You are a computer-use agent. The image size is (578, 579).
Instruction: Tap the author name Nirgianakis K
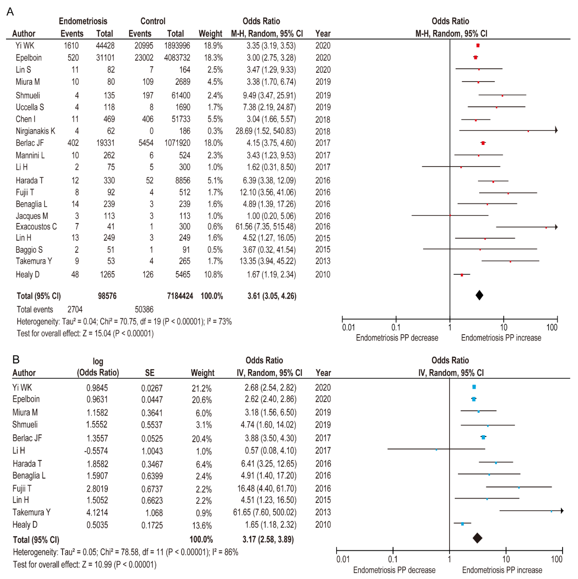click(35, 131)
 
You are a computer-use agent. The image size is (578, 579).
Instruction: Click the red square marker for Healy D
click(462, 275)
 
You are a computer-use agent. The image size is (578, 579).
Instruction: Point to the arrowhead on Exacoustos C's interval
click(556, 227)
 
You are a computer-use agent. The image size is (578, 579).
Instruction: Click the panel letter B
click(16, 359)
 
